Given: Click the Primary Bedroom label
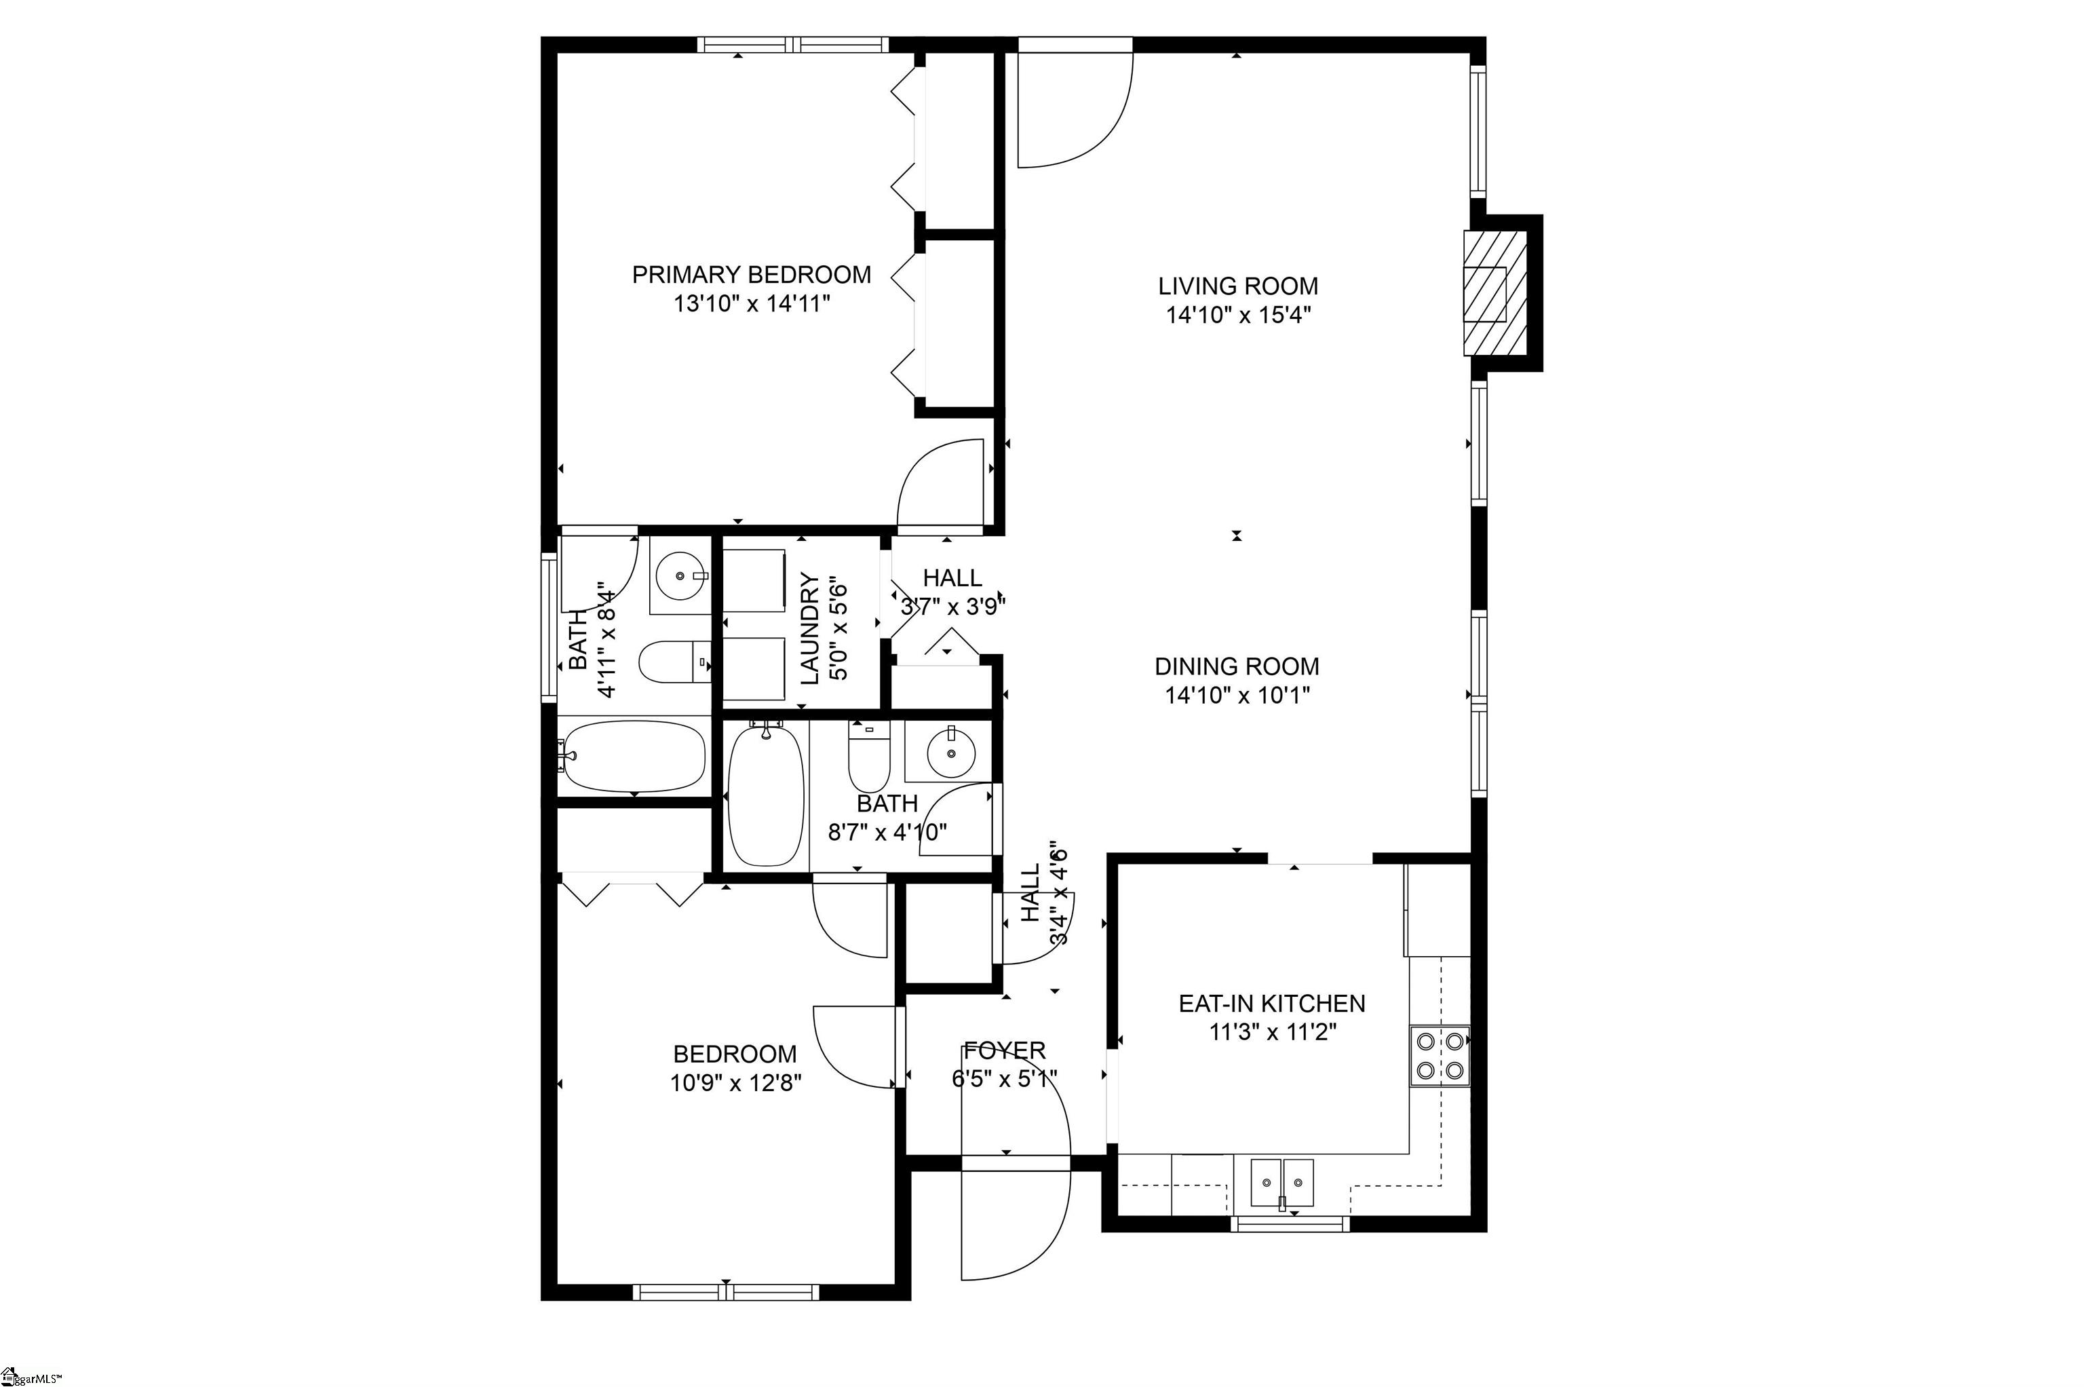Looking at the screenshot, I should click(751, 274).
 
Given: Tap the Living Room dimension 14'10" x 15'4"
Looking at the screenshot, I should click(1237, 316).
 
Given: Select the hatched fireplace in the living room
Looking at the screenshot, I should click(1494, 294).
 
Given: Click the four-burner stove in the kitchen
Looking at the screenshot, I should click(1439, 1055).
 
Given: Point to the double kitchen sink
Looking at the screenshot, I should click(1281, 1183).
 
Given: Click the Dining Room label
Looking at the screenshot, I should click(1236, 666).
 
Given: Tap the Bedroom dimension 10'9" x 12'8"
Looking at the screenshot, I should click(735, 1083).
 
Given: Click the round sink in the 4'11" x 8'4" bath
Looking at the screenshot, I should click(680, 575).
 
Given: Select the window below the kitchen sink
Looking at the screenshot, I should click(1289, 1224).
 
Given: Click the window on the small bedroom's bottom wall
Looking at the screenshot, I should click(726, 1293).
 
